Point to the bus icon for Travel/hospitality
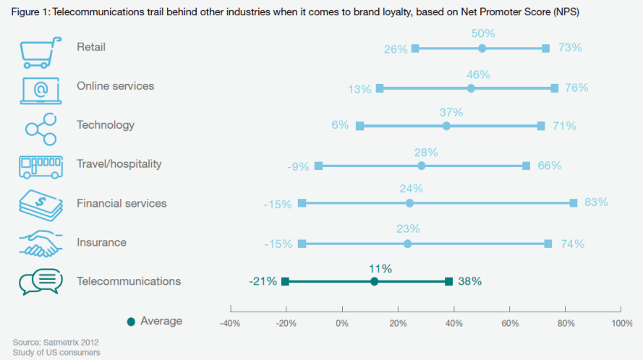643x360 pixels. pyautogui.click(x=41, y=165)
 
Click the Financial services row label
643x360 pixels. pyautogui.click(x=122, y=203)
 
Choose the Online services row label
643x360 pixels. pyautogui.click(x=115, y=86)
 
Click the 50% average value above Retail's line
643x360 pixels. pyautogui.click(x=482, y=35)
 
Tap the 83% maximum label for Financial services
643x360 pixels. pyautogui.click(x=596, y=202)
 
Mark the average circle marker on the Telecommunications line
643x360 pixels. pyautogui.click(x=374, y=282)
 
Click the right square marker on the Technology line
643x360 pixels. pyautogui.click(x=541, y=126)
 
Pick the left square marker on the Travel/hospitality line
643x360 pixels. pyautogui.click(x=318, y=166)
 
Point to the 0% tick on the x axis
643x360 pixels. pyautogui.click(x=342, y=323)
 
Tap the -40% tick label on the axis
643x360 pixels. pyautogui.click(x=230, y=323)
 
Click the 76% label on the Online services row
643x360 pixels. pyautogui.click(x=577, y=88)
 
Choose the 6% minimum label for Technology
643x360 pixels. pyautogui.click(x=340, y=125)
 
